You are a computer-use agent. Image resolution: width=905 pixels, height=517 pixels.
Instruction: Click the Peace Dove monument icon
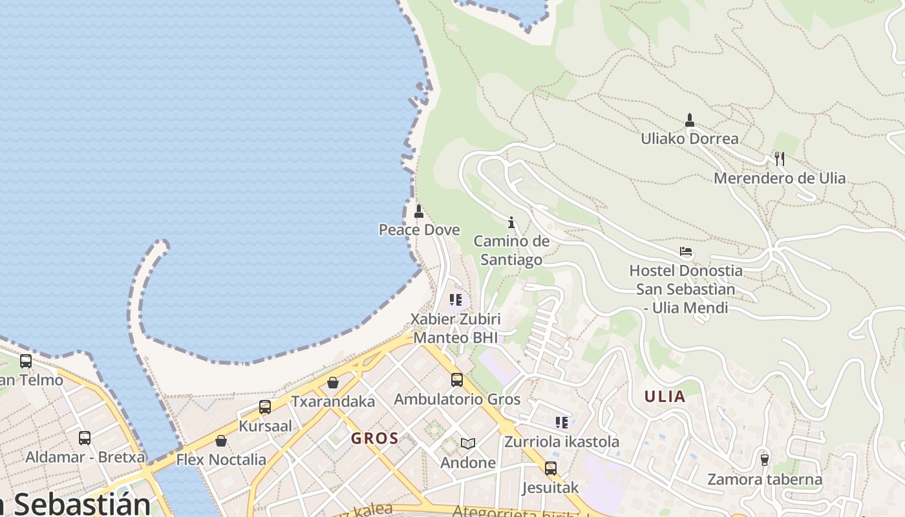pos(419,211)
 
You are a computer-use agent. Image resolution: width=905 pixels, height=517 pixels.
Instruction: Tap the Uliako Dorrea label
pos(689,138)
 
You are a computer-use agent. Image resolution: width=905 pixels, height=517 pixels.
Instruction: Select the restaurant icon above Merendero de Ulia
pos(780,158)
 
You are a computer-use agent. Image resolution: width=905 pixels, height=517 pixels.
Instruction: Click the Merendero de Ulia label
pos(779,178)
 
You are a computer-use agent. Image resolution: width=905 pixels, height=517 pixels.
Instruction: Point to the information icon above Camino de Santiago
pos(511,222)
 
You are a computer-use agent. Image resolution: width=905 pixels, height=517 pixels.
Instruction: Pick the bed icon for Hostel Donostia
pos(686,251)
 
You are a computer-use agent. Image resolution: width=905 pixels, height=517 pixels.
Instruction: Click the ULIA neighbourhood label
pos(665,396)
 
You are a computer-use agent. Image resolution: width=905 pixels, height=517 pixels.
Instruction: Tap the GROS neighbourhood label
pos(375,438)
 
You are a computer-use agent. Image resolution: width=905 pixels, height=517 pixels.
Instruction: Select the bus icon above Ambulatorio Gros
pos(457,380)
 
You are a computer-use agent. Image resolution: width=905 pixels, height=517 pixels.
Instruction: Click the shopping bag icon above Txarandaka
pos(333,383)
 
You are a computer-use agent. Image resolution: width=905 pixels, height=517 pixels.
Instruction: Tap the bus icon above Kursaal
pos(265,407)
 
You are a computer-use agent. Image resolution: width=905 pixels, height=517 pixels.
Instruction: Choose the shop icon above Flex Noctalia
pos(221,441)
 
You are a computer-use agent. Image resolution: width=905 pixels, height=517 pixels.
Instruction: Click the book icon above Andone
pos(468,443)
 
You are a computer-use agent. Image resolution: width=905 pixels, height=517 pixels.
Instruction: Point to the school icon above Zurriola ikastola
pos(562,423)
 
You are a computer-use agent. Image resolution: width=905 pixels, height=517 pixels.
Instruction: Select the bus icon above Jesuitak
pos(550,468)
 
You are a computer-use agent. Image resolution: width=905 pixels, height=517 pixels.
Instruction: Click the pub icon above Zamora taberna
pos(765,459)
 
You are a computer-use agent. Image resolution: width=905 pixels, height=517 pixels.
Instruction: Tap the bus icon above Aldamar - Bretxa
pos(85,438)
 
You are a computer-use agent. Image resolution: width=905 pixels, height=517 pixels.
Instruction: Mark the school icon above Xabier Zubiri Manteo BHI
pos(456,300)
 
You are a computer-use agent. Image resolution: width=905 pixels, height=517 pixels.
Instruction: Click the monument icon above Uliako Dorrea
pos(689,120)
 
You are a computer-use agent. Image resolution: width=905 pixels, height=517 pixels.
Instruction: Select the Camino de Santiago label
pos(511,250)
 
